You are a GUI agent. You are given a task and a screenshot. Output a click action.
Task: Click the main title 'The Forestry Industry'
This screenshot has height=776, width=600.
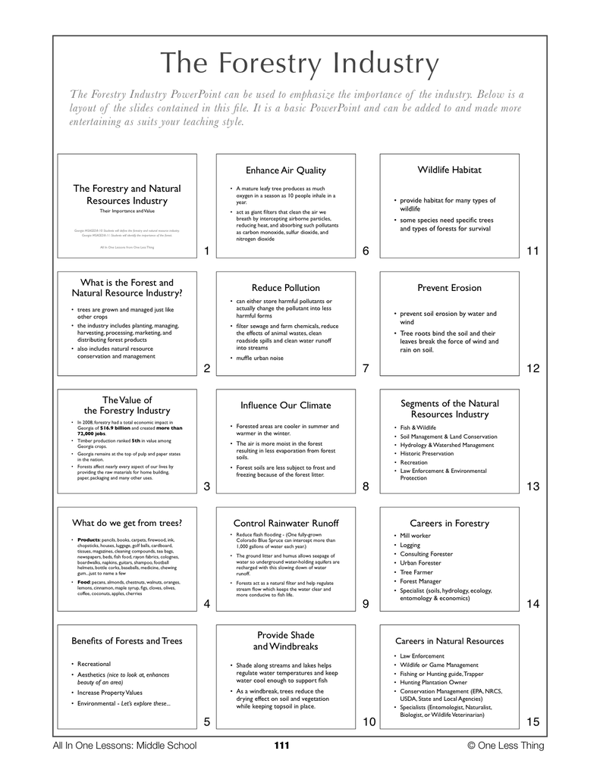click(300, 64)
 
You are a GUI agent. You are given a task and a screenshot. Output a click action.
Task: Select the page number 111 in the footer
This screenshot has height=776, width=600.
click(281, 746)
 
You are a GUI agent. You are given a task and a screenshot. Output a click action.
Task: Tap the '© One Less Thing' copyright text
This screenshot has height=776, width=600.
click(506, 746)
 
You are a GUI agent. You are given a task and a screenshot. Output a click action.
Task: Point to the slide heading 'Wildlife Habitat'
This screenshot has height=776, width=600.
click(449, 170)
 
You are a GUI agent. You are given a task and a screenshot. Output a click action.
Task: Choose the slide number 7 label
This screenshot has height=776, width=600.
click(365, 369)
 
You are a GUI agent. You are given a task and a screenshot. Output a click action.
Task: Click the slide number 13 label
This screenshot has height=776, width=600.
click(532, 487)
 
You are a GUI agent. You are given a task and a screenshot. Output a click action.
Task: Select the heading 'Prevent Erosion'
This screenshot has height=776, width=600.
click(449, 288)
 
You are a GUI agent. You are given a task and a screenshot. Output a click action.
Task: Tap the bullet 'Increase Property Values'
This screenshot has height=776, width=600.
click(110, 693)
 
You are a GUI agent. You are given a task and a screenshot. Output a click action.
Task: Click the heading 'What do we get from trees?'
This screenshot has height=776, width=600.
click(127, 523)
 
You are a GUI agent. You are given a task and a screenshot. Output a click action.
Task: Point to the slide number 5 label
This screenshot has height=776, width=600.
click(206, 721)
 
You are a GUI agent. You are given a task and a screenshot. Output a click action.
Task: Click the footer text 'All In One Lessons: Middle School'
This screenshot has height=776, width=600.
click(124, 746)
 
